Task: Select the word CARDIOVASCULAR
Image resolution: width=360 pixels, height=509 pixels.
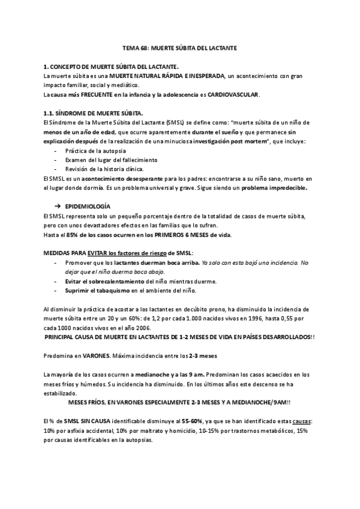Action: [x=233, y=95]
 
